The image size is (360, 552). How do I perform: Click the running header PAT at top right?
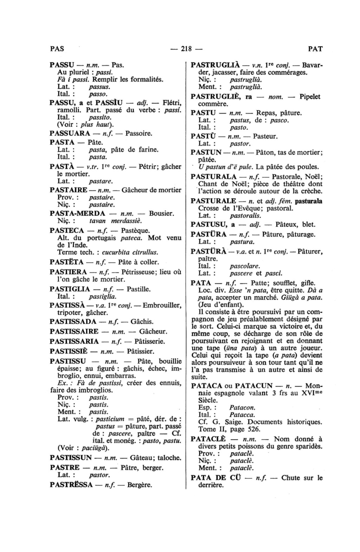click(315, 49)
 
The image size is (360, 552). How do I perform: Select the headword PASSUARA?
click(70, 134)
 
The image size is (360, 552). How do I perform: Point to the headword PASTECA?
click(67, 231)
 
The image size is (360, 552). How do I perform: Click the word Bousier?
click(161, 213)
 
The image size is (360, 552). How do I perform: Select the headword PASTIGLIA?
click(70, 289)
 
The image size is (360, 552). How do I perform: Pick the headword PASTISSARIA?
click(74, 341)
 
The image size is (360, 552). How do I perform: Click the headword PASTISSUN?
click(71, 458)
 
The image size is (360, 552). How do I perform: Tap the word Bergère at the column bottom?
click(140, 485)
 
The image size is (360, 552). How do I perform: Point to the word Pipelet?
click(310, 97)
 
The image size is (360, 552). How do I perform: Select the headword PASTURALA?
click(213, 177)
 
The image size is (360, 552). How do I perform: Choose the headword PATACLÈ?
click(208, 439)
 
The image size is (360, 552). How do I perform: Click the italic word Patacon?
click(242, 408)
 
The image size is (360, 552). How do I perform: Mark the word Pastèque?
click(135, 231)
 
